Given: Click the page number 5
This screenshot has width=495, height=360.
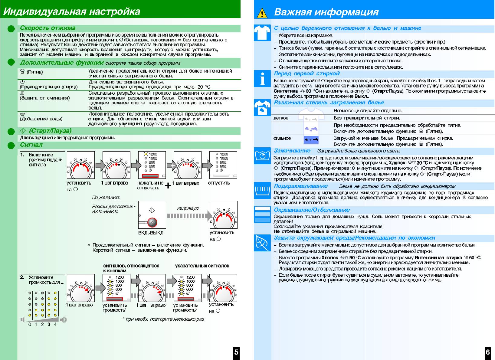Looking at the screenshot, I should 236,352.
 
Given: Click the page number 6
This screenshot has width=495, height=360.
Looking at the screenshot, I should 488,352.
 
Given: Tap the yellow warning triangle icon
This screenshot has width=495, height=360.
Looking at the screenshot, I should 262,13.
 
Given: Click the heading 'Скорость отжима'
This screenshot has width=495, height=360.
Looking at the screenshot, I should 48,28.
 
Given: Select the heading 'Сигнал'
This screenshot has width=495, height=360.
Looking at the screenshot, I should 31,145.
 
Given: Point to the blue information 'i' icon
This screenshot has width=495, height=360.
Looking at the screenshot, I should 262,79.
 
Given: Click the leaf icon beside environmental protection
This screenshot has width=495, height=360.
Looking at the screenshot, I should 262,243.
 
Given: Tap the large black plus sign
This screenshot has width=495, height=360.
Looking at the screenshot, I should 168,185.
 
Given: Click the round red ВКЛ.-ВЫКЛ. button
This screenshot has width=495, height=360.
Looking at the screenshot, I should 152,222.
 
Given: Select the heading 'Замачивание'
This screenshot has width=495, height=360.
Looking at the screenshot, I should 292,151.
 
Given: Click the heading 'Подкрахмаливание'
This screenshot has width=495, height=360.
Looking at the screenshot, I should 301,186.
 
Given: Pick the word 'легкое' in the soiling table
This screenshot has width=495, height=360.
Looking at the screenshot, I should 281,118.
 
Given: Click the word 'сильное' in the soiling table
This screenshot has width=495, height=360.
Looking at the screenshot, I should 282,138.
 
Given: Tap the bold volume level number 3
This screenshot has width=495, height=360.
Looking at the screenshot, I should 49,324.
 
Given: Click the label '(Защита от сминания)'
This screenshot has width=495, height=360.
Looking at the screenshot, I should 45,98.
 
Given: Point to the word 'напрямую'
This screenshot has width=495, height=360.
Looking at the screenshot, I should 188,208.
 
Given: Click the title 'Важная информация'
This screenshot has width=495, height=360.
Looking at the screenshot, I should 326,12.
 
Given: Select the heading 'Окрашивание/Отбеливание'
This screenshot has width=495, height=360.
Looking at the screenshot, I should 312,210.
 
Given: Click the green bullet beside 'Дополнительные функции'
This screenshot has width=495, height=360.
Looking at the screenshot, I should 11,63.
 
